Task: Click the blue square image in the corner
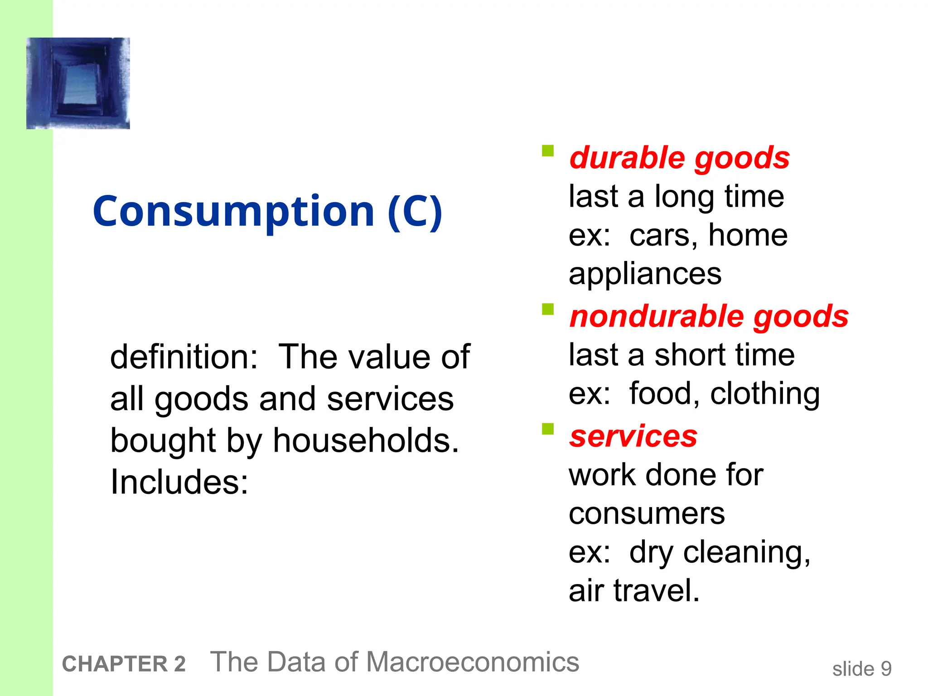pyautogui.click(x=78, y=83)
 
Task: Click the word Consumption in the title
pyautogui.click(x=233, y=211)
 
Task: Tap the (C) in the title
pyautogui.click(x=415, y=211)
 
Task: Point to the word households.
pyautogui.click(x=366, y=440)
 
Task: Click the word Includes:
pyautogui.click(x=179, y=482)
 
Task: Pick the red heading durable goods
pyautogui.click(x=679, y=158)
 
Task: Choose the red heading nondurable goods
pyautogui.click(x=709, y=316)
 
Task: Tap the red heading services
pyautogui.click(x=633, y=436)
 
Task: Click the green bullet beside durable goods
pyautogui.click(x=548, y=150)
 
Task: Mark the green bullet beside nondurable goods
pyautogui.click(x=548, y=309)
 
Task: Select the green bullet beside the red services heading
pyautogui.click(x=548, y=429)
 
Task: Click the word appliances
pyautogui.click(x=645, y=275)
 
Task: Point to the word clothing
pyautogui.click(x=765, y=393)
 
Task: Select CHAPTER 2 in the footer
pyautogui.click(x=124, y=664)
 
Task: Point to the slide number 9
pyautogui.click(x=886, y=669)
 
